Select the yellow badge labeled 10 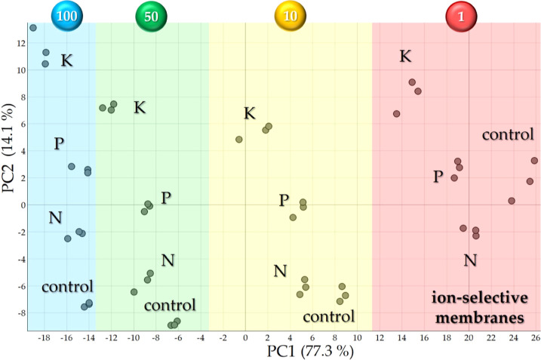tap(290, 15)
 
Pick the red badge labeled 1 tap(460, 15)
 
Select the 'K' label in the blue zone tap(66, 60)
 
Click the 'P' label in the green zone tap(166, 198)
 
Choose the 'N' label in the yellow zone tap(280, 270)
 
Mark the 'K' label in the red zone tap(405, 57)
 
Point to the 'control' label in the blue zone tap(67, 286)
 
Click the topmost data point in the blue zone tap(32, 28)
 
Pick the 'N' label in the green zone tap(168, 260)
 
